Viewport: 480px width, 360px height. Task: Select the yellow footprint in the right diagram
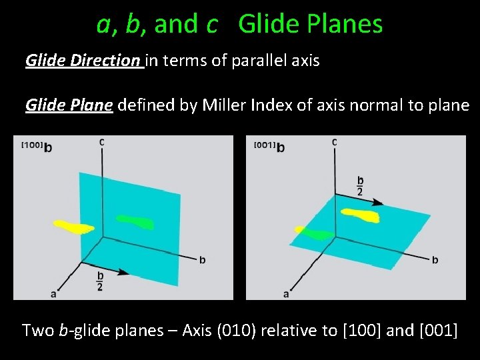coord(360,215)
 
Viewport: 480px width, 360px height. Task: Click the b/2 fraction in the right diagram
coord(361,185)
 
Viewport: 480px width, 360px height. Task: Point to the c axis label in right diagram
coord(333,141)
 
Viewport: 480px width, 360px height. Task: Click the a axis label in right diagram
coord(286,293)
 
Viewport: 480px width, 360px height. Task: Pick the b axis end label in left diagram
coord(202,259)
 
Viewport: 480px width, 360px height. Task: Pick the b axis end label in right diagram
coord(435,259)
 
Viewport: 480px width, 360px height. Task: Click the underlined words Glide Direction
coord(83,61)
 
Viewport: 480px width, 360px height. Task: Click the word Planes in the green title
coord(347,24)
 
